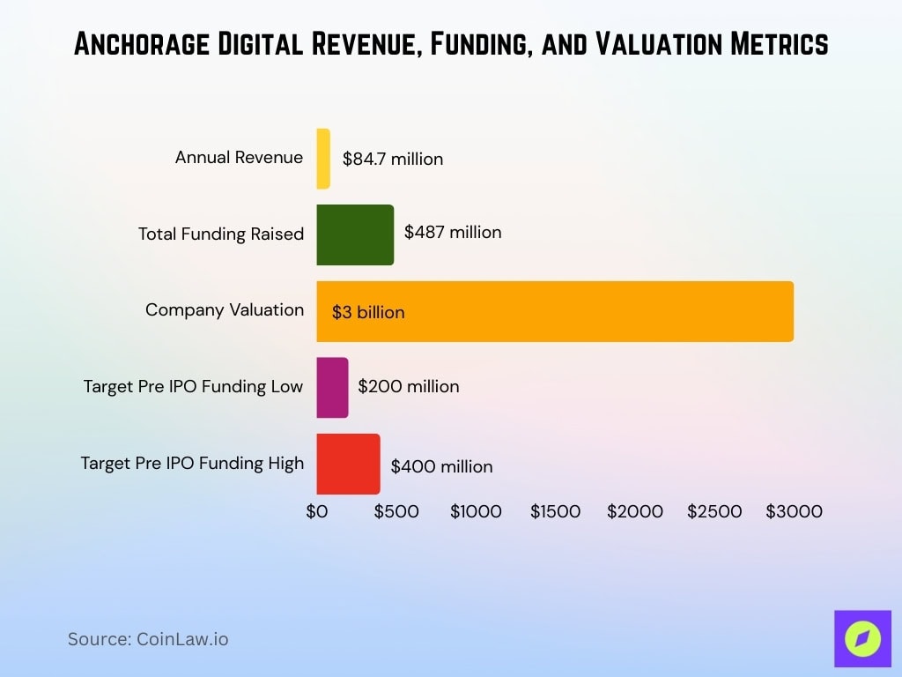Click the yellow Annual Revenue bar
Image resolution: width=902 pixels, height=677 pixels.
click(323, 159)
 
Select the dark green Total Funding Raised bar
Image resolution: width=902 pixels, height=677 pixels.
click(355, 234)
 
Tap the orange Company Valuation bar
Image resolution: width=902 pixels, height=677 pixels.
click(555, 311)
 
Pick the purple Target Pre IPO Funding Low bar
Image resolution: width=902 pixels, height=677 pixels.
click(332, 387)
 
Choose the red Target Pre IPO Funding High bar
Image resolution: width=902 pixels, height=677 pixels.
click(348, 464)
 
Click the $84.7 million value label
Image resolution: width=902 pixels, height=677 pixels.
click(393, 160)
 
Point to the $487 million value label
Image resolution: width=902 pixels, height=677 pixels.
click(453, 233)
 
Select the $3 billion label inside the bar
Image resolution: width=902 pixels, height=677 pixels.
click(368, 312)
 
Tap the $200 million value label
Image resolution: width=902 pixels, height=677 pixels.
click(409, 386)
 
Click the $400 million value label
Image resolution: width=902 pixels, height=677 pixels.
click(441, 466)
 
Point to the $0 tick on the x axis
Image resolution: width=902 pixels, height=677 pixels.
click(317, 511)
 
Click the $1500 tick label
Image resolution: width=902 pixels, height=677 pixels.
click(555, 511)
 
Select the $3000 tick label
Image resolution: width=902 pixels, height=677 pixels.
click(794, 511)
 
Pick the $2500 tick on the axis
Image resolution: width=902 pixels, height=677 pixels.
click(714, 511)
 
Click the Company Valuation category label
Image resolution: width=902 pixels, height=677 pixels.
click(225, 310)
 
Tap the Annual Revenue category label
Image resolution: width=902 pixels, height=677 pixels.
click(239, 158)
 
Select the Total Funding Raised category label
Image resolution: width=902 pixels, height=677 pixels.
click(220, 234)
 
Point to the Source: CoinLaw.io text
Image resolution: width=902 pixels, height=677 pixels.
click(148, 639)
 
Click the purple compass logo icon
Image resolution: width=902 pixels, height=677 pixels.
click(862, 638)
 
